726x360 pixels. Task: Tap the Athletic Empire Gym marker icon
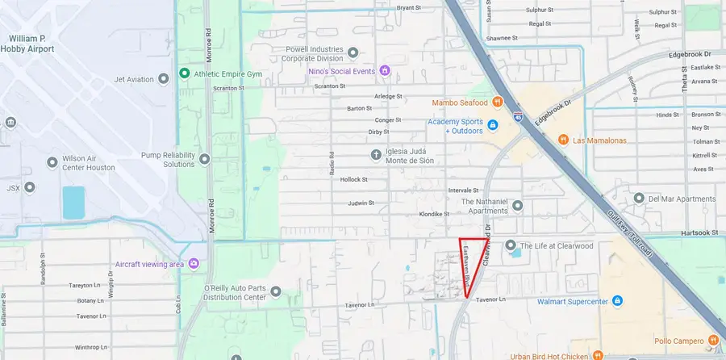click(x=185, y=74)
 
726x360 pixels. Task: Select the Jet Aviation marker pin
click(x=164, y=78)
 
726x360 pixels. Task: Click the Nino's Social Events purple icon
click(x=385, y=71)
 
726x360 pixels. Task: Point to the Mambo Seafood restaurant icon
click(x=498, y=103)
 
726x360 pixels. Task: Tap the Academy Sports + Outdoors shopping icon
click(x=491, y=125)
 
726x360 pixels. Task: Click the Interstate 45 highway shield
click(x=517, y=117)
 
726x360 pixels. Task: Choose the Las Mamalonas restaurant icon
click(x=564, y=139)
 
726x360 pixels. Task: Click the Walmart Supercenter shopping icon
click(x=617, y=301)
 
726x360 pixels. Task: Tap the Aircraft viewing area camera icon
click(x=194, y=264)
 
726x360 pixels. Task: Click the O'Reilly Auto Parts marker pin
click(x=276, y=291)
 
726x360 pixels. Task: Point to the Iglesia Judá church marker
click(x=375, y=153)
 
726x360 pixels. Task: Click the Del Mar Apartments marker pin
click(x=639, y=199)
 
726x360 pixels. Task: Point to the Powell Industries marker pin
click(x=353, y=53)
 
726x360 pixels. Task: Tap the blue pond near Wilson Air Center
click(x=73, y=203)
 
